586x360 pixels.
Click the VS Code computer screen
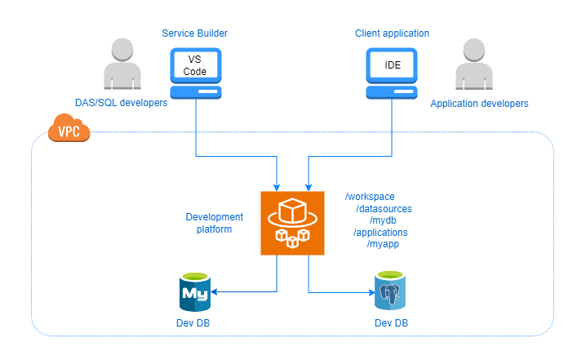coord(195,65)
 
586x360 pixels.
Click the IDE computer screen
coord(391,64)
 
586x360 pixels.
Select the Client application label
coord(392,33)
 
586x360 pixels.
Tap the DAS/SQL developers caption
coord(121,103)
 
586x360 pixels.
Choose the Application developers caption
coord(479,104)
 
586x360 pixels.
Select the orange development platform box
coord(292,223)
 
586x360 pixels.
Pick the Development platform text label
coord(214,223)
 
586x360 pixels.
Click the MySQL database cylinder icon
coord(195,291)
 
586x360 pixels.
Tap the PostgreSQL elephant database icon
coord(391,291)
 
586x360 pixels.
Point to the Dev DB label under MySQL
coord(195,324)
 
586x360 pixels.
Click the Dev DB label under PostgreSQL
coord(391,324)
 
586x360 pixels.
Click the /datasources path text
coord(384,209)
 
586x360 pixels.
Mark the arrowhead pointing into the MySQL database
coord(215,291)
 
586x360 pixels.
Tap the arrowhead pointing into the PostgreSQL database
coord(371,291)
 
